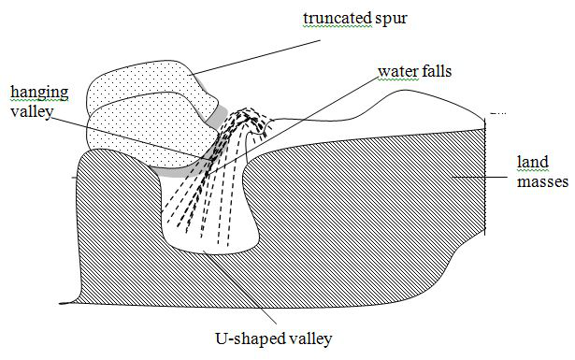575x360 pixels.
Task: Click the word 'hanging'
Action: (x=33, y=92)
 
